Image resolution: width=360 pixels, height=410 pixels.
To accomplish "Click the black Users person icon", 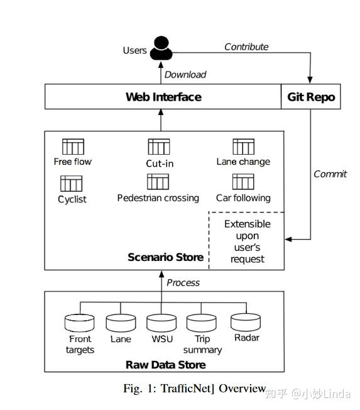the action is pyautogui.click(x=161, y=48).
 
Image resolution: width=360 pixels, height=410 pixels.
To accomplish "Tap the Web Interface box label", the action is pyautogui.click(x=163, y=97).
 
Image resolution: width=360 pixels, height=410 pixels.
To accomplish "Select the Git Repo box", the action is pyautogui.click(x=311, y=96).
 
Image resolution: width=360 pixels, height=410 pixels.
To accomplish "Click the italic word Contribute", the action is pyautogui.click(x=246, y=47).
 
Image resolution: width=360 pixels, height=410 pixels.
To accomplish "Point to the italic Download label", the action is pyautogui.click(x=185, y=75).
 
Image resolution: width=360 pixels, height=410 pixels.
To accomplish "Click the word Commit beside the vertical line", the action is pyautogui.click(x=330, y=174).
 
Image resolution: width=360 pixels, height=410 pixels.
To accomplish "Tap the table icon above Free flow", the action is pyautogui.click(x=73, y=147).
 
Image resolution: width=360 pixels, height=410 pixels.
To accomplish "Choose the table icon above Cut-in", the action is pyautogui.click(x=159, y=147).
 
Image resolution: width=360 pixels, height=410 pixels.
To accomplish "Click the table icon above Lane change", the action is pyautogui.click(x=244, y=147).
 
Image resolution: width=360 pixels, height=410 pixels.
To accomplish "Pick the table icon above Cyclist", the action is pyautogui.click(x=72, y=184).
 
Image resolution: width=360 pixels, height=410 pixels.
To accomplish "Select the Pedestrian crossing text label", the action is pyautogui.click(x=158, y=198).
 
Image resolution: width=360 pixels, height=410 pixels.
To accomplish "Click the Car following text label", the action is pyautogui.click(x=243, y=198).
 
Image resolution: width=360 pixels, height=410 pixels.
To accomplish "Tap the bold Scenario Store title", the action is pyautogui.click(x=166, y=257).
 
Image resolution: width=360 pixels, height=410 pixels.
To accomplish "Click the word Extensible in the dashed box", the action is pyautogui.click(x=248, y=224).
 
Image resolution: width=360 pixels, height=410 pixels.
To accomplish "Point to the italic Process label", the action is pyautogui.click(x=183, y=282).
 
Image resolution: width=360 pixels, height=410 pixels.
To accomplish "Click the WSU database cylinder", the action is pyautogui.click(x=161, y=323).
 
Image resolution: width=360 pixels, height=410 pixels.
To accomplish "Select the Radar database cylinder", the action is pyautogui.click(x=246, y=322).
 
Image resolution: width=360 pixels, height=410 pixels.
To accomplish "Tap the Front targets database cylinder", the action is pyautogui.click(x=79, y=323).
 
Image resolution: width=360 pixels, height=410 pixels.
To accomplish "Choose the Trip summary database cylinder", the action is pyautogui.click(x=202, y=323).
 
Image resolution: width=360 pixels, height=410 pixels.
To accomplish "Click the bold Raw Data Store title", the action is pyautogui.click(x=166, y=365).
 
